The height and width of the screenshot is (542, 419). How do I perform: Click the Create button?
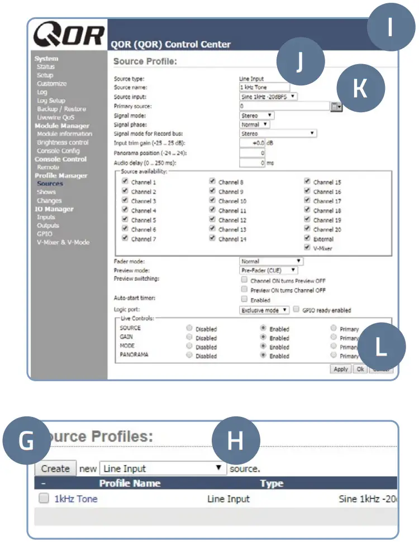coord(56,469)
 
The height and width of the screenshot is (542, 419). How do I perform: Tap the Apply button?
coord(340,369)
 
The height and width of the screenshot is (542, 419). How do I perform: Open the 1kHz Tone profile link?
coord(75,499)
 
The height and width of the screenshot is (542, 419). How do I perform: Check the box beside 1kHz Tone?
coord(44,499)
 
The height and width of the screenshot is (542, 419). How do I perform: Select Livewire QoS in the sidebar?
coord(55,117)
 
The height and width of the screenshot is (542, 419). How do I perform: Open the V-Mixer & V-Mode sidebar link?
coord(63,242)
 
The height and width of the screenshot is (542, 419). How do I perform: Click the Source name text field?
coord(264,87)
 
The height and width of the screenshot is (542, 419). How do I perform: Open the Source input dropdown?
coord(268,96)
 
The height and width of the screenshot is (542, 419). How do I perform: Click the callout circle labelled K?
coord(361,89)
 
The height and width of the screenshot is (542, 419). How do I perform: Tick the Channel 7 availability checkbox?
coord(125,238)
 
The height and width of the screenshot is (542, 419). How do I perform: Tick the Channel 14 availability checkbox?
coord(212,238)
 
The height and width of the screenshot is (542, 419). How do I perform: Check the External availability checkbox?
coord(307,238)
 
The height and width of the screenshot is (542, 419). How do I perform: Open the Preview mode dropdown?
coord(268,270)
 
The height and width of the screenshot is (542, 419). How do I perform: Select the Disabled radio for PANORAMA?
coord(189,355)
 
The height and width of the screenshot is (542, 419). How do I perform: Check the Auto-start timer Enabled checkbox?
coord(244,299)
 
